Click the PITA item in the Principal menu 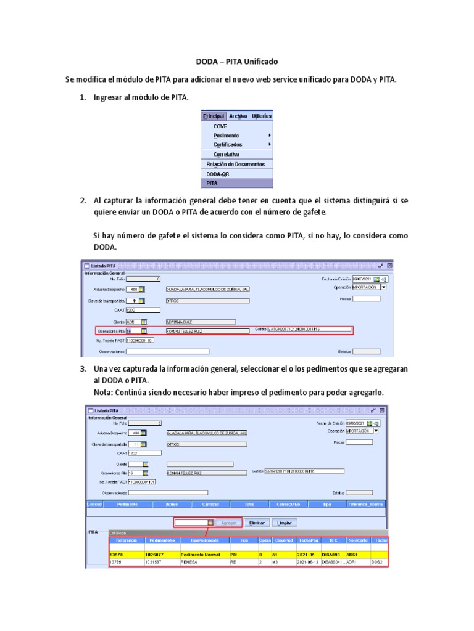212,183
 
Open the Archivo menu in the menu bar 238,116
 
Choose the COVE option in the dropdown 220,126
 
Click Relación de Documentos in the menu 235,164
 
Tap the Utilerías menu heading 262,116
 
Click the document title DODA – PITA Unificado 237,62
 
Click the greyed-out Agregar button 228,523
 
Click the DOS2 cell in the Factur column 378,563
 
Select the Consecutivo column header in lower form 288,504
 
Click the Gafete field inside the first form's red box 309,330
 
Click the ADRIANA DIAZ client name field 201,322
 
